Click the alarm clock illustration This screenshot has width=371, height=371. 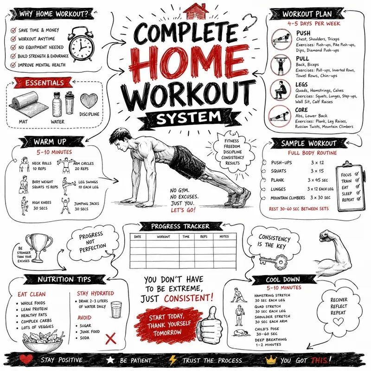[x=81, y=44]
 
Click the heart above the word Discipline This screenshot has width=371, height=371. [x=89, y=101]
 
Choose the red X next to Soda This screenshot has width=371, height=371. [x=111, y=339]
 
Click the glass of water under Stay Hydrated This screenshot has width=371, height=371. [x=116, y=309]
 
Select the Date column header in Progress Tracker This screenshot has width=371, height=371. [x=137, y=237]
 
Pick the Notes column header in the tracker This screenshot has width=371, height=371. [x=224, y=237]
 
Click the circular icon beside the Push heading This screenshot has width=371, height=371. [x=281, y=39]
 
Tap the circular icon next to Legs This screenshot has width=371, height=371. [x=281, y=90]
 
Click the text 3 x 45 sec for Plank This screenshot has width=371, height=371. [x=318, y=180]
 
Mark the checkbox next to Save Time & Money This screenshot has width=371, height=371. [x=13, y=30]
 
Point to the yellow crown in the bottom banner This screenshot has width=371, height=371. [x=271, y=360]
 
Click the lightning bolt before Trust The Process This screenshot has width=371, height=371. [x=173, y=360]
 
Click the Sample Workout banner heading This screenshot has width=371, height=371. [x=308, y=143]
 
